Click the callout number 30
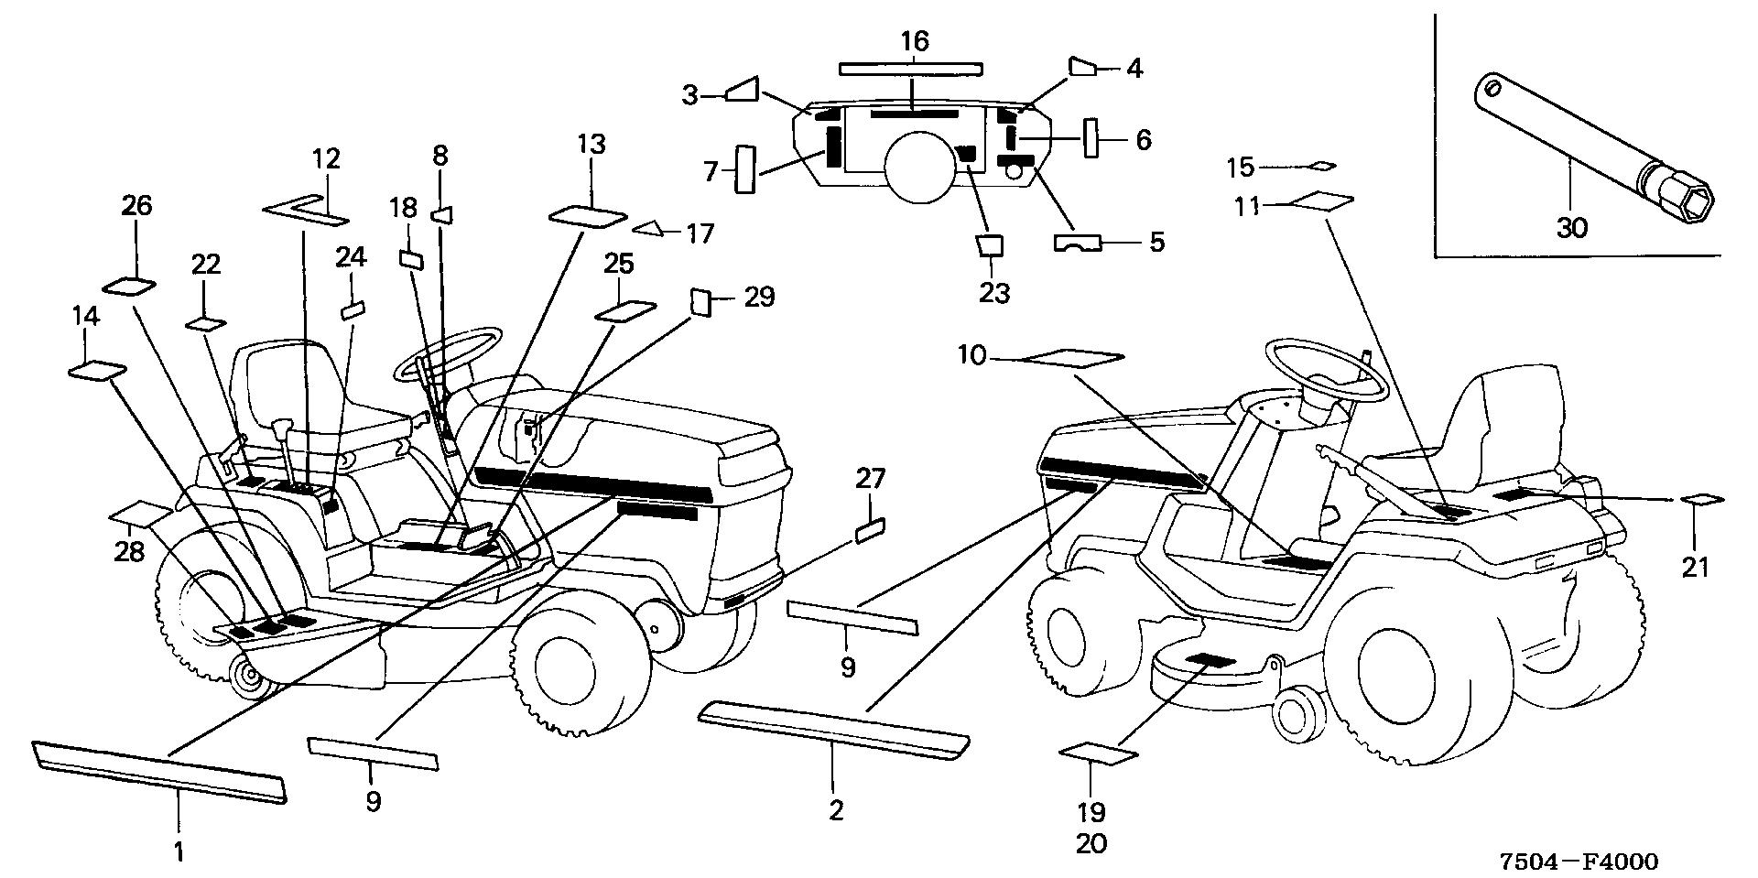pos(1571,227)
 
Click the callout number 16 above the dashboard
pos(914,41)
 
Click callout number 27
pos(872,478)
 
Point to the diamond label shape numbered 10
pos(1072,357)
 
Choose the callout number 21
pos(1695,568)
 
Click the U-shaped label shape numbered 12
pos(306,211)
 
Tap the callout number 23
pos(994,293)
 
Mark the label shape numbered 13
pos(588,216)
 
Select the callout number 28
pos(130,553)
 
